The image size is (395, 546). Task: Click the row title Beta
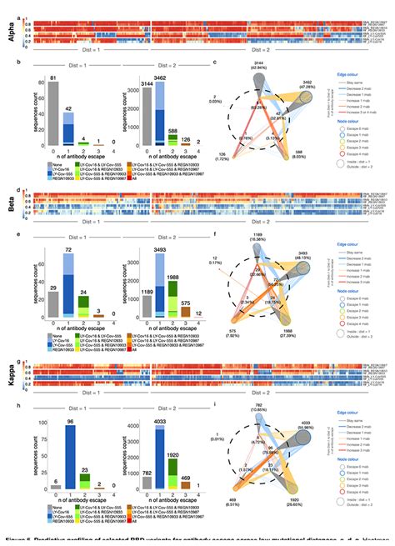point(8,200)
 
